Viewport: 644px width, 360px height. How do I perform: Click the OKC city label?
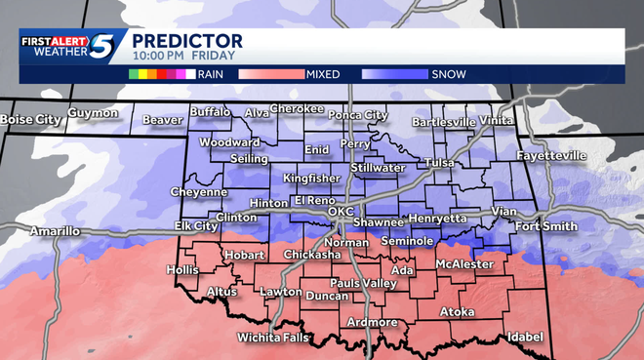click(341, 212)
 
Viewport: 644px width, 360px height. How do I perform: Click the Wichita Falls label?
click(273, 339)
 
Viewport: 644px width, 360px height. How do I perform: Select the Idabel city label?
click(524, 337)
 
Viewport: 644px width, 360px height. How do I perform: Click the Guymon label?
click(93, 113)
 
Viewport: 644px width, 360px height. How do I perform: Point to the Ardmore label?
click(372, 322)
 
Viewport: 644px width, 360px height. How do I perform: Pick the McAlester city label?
click(463, 264)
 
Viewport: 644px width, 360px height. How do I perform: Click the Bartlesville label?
click(443, 122)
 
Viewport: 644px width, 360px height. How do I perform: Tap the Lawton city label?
click(281, 292)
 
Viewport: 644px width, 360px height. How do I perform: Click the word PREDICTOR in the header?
click(186, 41)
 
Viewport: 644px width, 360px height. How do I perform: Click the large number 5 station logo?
click(102, 48)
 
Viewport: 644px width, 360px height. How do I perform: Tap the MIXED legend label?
click(323, 73)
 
